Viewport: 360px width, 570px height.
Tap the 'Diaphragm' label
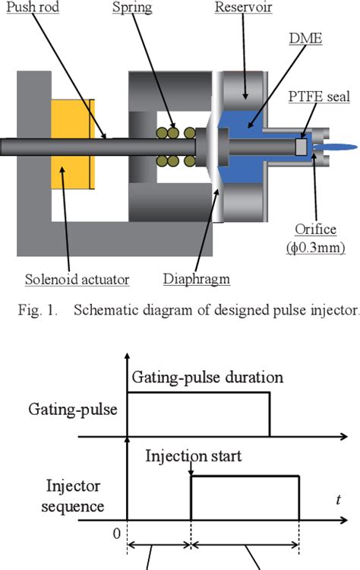coord(196,280)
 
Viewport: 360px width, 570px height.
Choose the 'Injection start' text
coord(194,458)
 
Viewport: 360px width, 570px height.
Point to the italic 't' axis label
coord(337,500)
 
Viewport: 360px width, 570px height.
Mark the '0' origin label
coord(116,534)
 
